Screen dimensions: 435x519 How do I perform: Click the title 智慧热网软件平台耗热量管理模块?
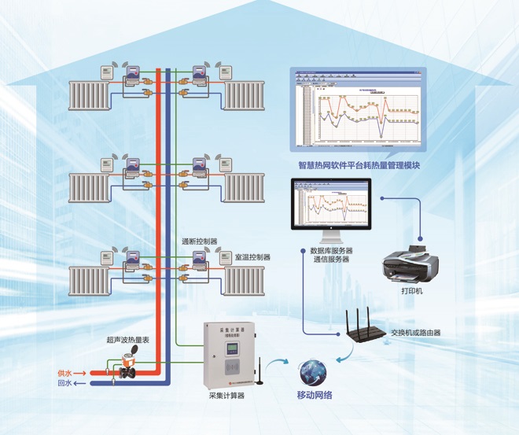tap(359, 165)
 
